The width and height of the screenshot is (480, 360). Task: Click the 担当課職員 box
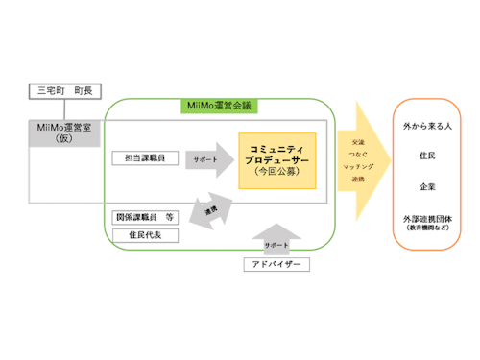[x=145, y=157]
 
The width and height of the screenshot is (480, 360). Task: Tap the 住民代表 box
[x=145, y=234]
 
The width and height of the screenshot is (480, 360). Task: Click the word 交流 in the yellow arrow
[x=359, y=141]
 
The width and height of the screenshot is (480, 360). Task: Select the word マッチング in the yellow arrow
[x=360, y=166]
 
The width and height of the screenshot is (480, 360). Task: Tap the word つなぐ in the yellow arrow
[x=360, y=154]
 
